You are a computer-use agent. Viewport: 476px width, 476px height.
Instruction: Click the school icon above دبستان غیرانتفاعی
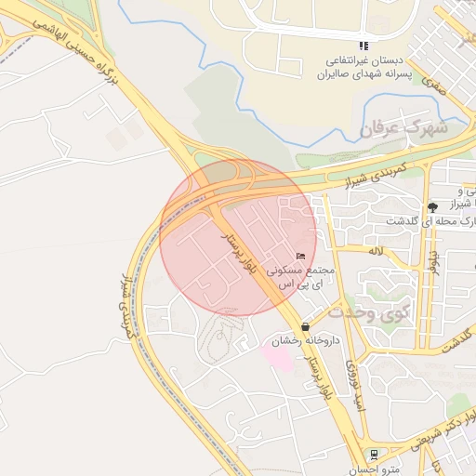[364, 46]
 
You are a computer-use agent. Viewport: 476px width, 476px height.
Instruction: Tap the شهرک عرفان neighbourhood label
[403, 129]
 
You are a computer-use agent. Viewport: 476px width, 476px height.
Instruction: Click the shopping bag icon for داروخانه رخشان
[305, 326]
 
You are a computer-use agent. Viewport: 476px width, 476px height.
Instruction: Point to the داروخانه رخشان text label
[303, 341]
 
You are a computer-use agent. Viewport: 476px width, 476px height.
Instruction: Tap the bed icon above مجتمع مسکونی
[299, 257]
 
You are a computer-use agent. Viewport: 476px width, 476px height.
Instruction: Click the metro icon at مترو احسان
[374, 455]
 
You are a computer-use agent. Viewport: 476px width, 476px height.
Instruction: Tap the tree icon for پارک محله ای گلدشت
[432, 205]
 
